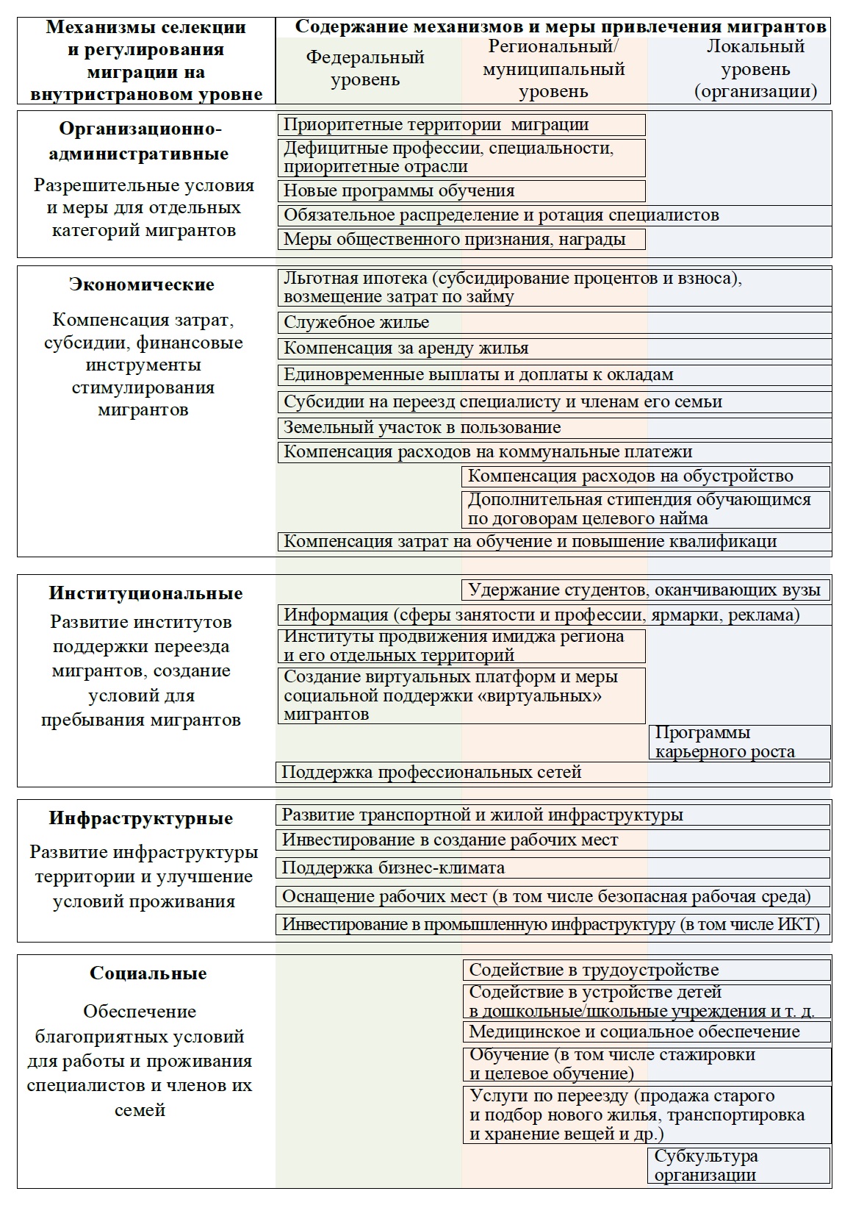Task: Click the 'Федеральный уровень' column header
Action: coord(365,68)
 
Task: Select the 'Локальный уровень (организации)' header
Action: coord(755,69)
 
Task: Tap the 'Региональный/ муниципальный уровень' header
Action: coord(553,69)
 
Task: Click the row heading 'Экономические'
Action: coord(142,285)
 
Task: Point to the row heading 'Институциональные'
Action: coord(145,593)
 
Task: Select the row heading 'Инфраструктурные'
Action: coord(141,818)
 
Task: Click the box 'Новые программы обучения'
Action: coord(461,191)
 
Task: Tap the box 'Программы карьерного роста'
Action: coord(739,743)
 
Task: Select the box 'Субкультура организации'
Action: coord(739,1165)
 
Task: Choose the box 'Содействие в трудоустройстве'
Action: coord(647,970)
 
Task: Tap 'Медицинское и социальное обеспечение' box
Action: coord(647,1031)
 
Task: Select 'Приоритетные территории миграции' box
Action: coord(461,125)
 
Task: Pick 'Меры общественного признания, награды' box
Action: coord(461,239)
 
